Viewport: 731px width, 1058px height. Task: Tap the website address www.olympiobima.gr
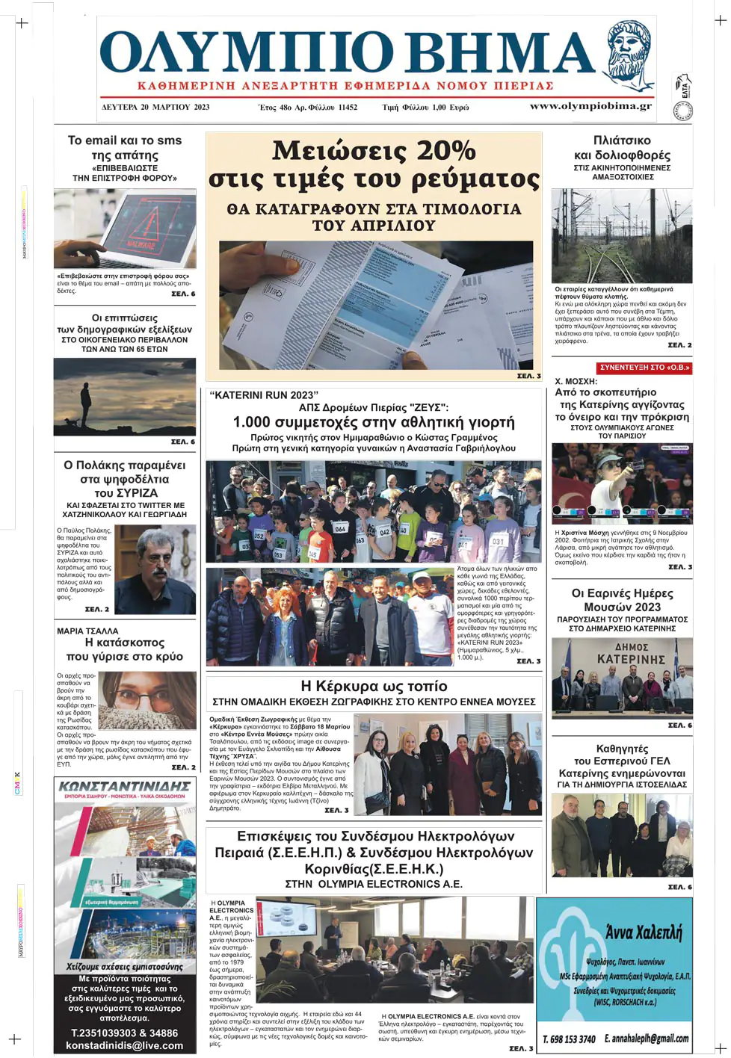pos(590,106)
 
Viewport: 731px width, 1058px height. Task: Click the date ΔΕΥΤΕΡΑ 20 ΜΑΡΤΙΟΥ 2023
pos(155,107)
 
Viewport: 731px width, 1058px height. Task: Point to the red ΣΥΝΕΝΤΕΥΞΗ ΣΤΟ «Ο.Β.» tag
pos(644,368)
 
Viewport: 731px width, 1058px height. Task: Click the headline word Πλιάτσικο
pos(622,140)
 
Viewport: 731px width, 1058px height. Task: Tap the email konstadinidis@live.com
pos(124,1045)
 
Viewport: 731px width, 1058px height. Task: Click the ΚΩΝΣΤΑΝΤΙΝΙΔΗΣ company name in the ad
pos(124,787)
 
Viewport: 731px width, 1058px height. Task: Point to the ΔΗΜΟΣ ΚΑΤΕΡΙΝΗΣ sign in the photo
pos(630,654)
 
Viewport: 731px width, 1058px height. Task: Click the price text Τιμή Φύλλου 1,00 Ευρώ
pos(425,107)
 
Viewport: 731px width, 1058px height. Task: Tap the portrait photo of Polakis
pos(155,569)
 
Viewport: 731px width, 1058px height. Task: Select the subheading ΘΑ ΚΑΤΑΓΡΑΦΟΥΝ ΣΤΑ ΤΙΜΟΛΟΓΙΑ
pos(374,209)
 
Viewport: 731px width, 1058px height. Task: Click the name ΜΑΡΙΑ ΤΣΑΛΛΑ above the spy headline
pos(87,631)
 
